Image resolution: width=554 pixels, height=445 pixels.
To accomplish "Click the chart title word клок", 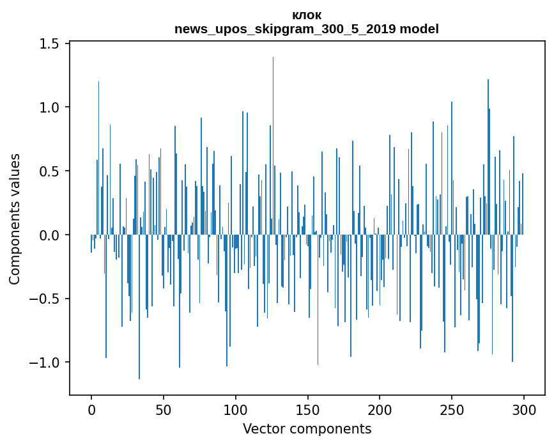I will [307, 15].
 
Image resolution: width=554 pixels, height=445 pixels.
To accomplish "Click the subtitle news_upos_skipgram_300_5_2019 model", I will [307, 29].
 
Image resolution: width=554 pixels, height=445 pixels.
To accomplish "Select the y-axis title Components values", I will [15, 219].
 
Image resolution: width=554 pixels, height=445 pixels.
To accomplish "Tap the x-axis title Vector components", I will [307, 429].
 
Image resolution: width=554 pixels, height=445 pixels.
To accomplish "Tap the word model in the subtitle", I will [421, 29].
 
